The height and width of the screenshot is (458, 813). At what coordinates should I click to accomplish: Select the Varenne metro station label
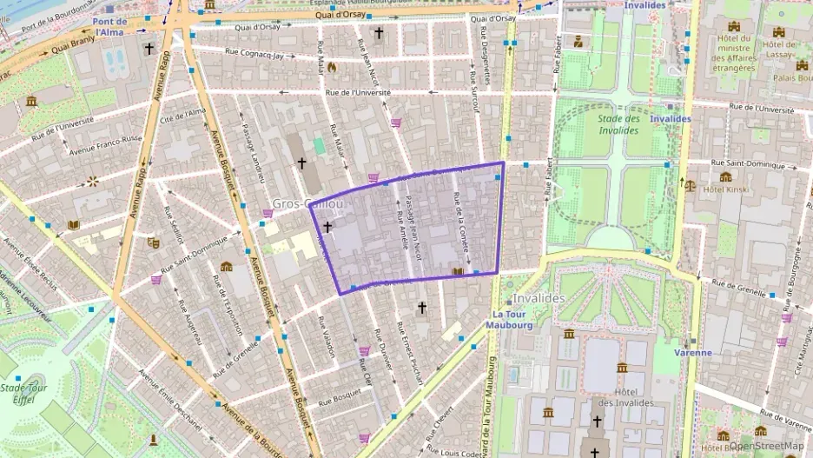pos(693,353)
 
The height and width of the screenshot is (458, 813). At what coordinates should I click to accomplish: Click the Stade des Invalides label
pos(619,124)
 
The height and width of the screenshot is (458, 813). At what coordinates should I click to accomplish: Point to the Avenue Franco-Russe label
pos(105,143)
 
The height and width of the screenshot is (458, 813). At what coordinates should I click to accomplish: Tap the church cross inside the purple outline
pos(327,228)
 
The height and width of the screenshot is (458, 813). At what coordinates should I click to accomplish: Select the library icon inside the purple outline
pos(457,272)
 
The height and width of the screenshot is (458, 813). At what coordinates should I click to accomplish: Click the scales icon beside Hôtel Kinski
pos(690,184)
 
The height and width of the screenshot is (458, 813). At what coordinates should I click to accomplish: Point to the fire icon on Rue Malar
pos(331,67)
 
